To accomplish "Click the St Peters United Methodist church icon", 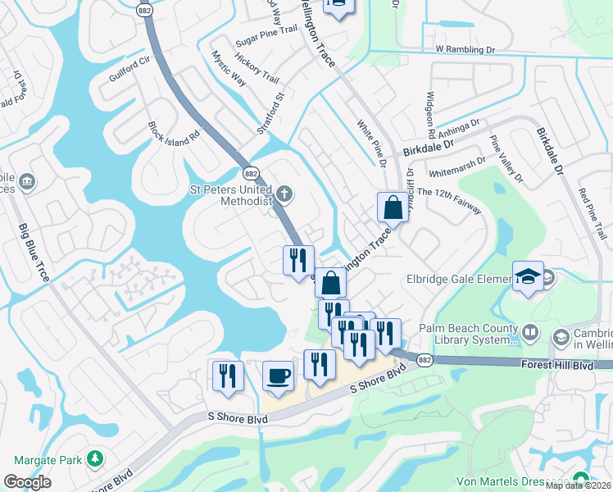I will (284, 194).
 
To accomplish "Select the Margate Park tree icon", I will (96, 458).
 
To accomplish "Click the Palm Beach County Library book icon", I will (530, 332).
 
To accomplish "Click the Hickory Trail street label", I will (257, 69).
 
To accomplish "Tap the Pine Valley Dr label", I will (506, 158).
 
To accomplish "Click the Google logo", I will (27, 482).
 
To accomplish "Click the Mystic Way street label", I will (229, 69).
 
